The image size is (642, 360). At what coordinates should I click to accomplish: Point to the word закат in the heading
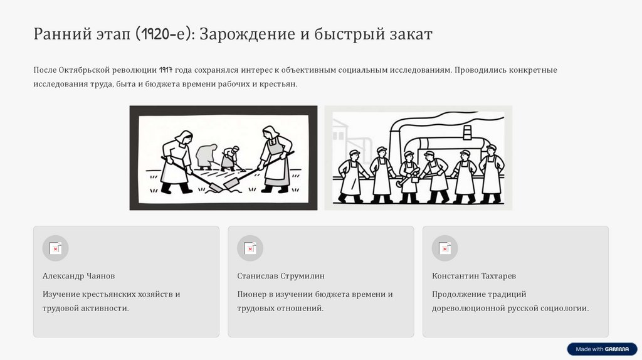click(x=411, y=34)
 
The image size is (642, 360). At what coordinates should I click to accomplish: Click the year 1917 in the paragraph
click(x=166, y=70)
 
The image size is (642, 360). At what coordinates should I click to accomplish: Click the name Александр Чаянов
click(x=78, y=276)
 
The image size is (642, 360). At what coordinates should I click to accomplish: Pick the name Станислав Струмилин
click(x=281, y=276)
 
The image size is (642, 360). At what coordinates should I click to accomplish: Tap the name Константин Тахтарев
click(x=474, y=276)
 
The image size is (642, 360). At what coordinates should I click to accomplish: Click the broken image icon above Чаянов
click(x=55, y=248)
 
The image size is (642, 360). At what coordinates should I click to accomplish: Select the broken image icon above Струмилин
click(x=250, y=248)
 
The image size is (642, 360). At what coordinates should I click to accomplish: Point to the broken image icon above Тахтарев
click(x=445, y=248)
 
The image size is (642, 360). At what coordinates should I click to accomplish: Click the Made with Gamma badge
click(x=603, y=349)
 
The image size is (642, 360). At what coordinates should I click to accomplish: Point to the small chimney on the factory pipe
click(x=466, y=133)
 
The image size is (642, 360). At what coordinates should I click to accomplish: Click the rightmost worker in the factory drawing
click(x=492, y=174)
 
